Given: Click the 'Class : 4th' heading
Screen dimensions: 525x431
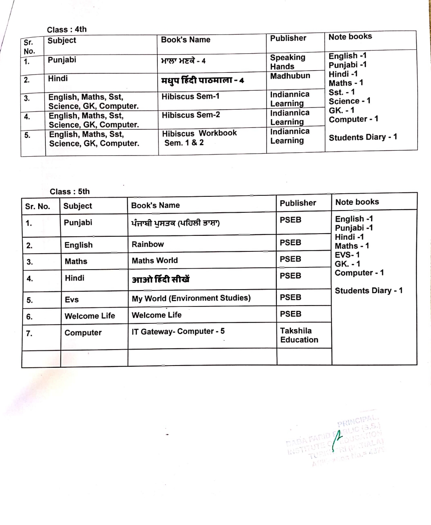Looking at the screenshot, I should pyautogui.click(x=67, y=30).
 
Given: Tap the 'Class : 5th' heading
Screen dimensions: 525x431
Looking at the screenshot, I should pyautogui.click(x=70, y=192).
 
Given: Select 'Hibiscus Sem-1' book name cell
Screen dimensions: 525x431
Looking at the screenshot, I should pyautogui.click(x=191, y=96).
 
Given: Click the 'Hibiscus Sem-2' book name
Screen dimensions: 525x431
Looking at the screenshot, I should pyautogui.click(x=191, y=115).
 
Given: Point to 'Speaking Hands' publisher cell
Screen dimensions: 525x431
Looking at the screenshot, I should pyautogui.click(x=287, y=62).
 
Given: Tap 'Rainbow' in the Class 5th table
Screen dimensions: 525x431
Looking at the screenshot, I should pyautogui.click(x=148, y=244).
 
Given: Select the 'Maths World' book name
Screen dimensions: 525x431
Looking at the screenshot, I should pyautogui.click(x=155, y=261).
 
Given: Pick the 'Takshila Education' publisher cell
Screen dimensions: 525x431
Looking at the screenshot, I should pyautogui.click(x=299, y=335).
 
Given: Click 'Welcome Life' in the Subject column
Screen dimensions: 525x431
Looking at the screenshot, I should pyautogui.click(x=90, y=316).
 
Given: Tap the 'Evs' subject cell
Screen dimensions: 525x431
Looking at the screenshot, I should pyautogui.click(x=72, y=300).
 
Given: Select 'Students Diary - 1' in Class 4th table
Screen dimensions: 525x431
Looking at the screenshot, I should pyautogui.click(x=363, y=137).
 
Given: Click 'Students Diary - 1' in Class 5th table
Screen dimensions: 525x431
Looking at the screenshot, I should pyautogui.click(x=369, y=290).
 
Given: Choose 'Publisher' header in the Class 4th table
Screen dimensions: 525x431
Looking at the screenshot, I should pyautogui.click(x=288, y=38).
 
